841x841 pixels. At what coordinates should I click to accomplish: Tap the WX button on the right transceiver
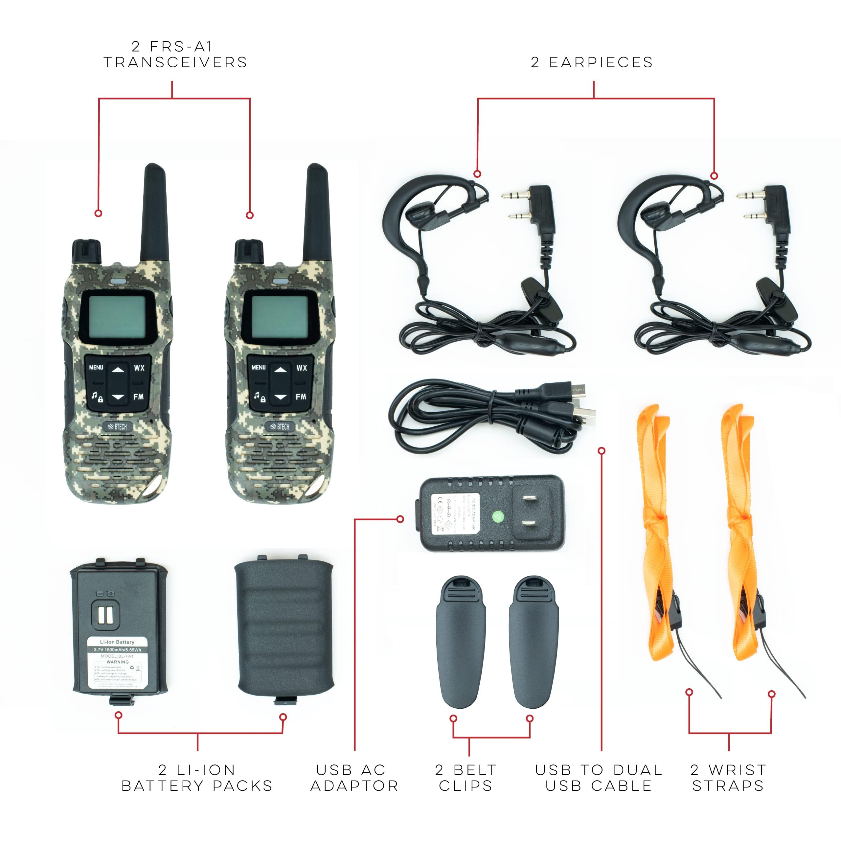pos(302,368)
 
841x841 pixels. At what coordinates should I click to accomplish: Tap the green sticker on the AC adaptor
pos(498,517)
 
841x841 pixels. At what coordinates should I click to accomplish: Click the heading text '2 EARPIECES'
pos(592,63)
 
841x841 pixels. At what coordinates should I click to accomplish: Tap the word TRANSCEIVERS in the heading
pos(175,63)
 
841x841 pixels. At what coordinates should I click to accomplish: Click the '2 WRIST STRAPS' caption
pos(728,778)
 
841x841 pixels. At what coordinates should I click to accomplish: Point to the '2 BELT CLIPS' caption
pos(466,778)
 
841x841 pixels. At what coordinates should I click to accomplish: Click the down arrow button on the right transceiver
pos(281,397)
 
